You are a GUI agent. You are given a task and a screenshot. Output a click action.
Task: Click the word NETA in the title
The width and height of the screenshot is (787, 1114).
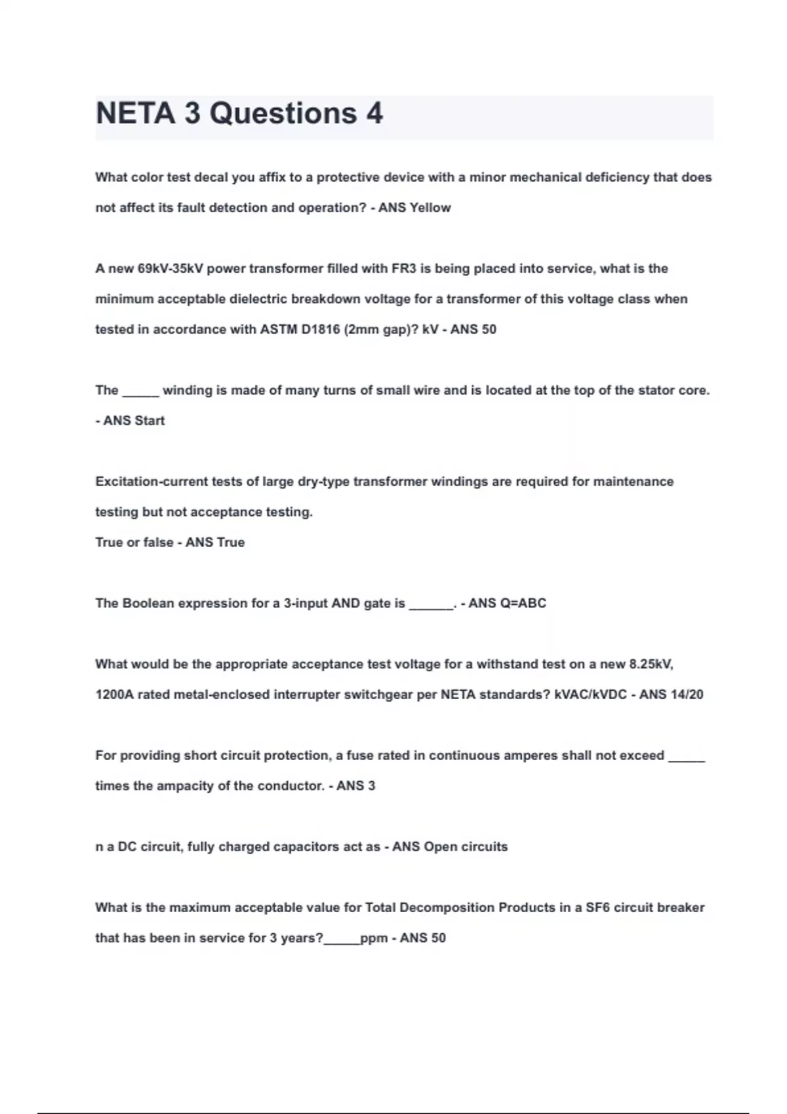tap(136, 113)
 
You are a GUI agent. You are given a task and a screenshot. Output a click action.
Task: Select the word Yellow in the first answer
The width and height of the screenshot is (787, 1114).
tap(430, 208)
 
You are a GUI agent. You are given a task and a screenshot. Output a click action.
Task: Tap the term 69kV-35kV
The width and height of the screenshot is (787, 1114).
tap(171, 269)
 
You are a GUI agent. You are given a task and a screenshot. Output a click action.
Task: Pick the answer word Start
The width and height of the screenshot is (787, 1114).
tap(150, 421)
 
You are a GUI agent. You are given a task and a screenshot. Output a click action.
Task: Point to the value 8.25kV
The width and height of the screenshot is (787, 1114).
tap(651, 664)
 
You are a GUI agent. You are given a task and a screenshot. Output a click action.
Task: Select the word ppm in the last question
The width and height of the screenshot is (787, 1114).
tap(374, 938)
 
